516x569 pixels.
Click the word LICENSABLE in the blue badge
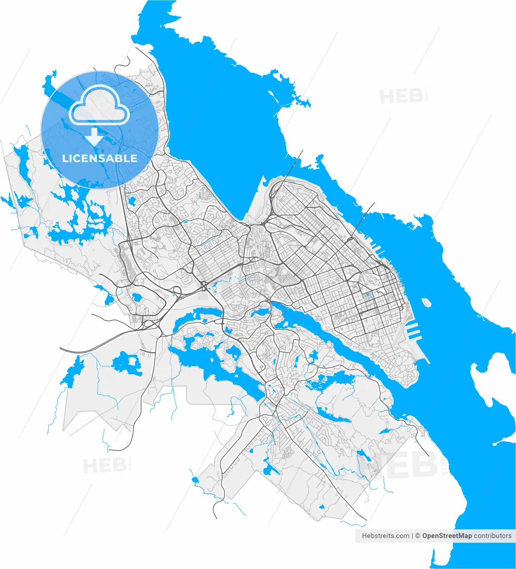(x=100, y=158)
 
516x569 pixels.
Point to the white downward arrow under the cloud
(x=94, y=136)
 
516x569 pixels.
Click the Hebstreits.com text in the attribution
(x=385, y=536)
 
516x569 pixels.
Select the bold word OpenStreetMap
(x=447, y=536)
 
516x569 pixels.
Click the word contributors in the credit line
(x=492, y=536)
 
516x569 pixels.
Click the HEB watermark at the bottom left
(x=104, y=465)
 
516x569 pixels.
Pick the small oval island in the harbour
(x=427, y=303)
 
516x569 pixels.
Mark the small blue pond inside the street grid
(x=367, y=294)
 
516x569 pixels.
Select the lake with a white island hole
(x=127, y=363)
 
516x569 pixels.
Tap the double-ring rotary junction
(x=204, y=284)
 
